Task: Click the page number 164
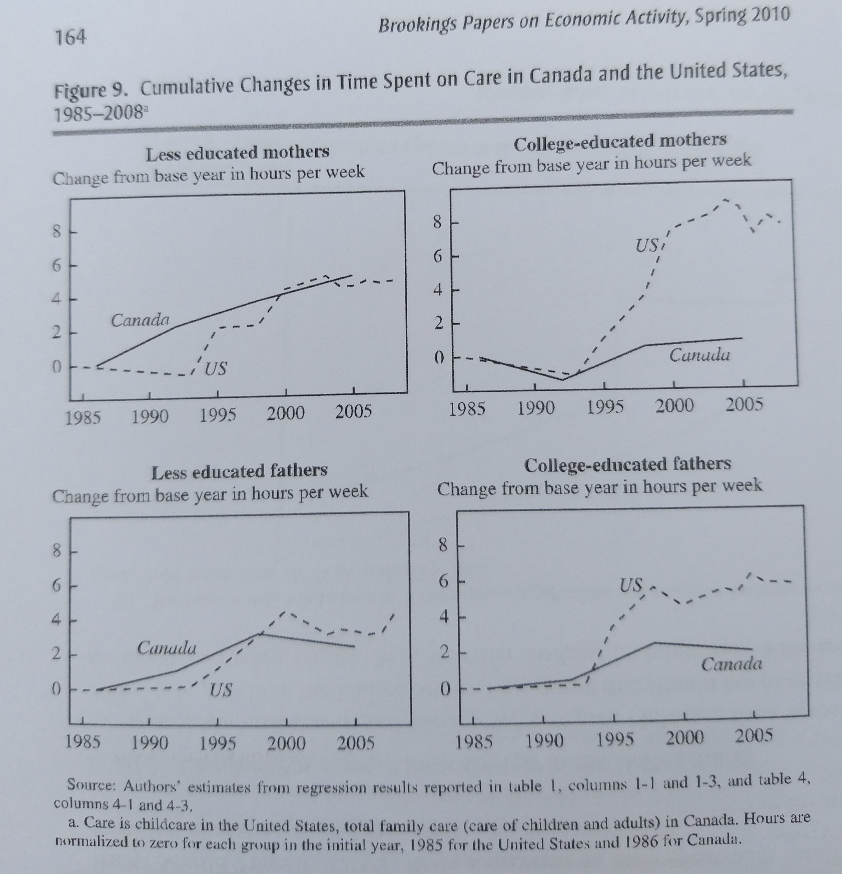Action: pos(70,37)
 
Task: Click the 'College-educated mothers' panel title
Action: pos(620,142)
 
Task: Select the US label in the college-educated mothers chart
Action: pos(647,245)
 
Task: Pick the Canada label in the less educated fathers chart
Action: pos(166,647)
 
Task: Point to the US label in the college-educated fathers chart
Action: pos(631,585)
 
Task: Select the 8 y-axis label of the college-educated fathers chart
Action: pos(443,545)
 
